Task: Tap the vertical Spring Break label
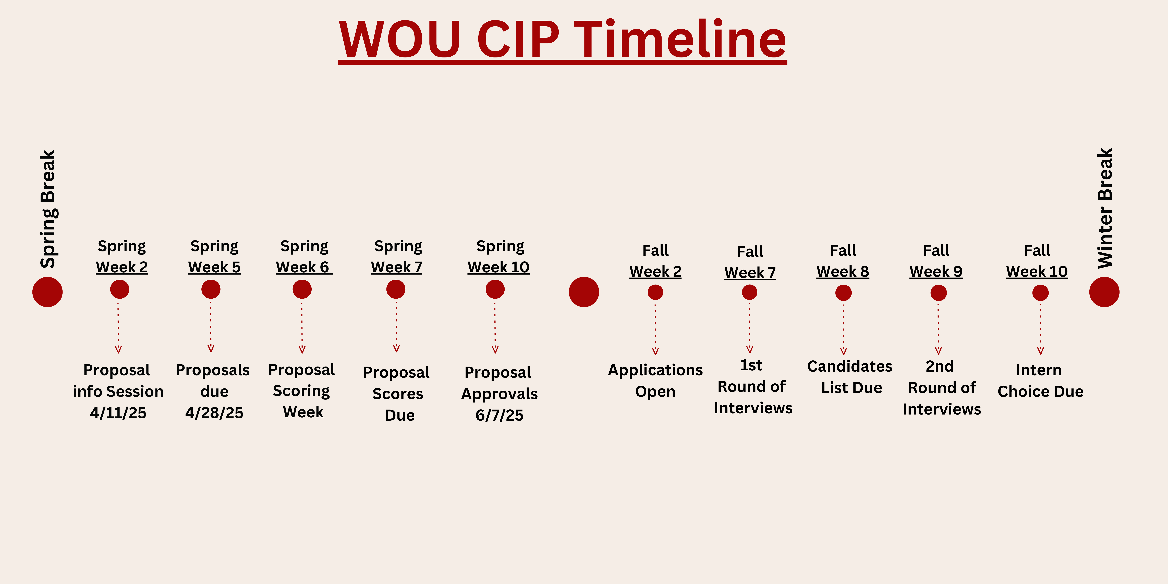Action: [x=48, y=209]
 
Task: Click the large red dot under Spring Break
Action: [x=48, y=292]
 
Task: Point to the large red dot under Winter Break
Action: [x=1104, y=292]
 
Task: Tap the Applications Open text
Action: [x=655, y=380]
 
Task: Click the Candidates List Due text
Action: [x=850, y=377]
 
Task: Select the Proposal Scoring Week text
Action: [x=301, y=391]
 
